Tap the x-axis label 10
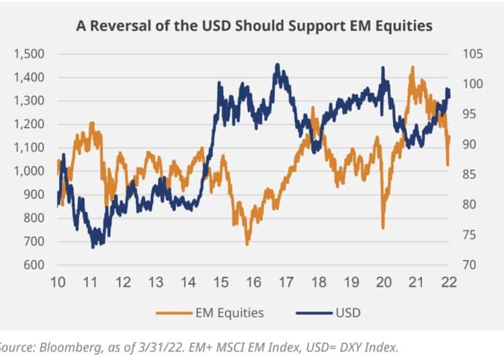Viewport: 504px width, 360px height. point(58,283)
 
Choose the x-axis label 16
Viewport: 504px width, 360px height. point(253,283)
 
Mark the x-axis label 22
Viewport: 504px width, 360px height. point(449,283)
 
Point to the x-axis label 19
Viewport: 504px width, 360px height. point(351,283)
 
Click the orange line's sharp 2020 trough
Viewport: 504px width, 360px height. point(383,228)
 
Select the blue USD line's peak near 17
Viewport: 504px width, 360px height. point(277,64)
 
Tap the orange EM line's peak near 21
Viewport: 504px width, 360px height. point(412,67)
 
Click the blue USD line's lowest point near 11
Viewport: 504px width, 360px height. point(93,248)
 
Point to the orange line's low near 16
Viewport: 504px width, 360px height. point(247,244)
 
